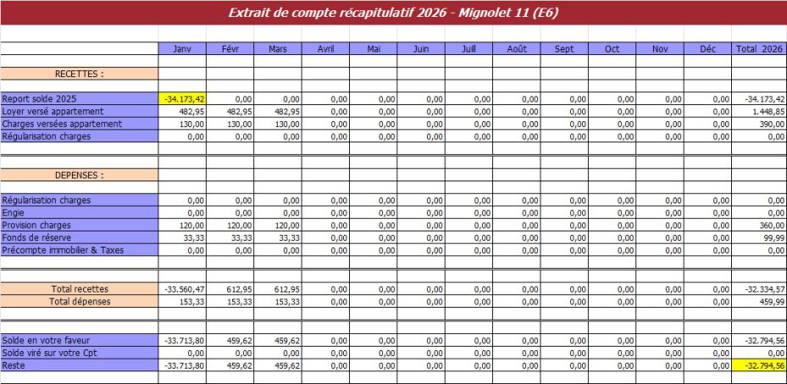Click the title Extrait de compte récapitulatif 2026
coord(393,13)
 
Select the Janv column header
coord(182,49)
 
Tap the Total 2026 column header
coord(759,49)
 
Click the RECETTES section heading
coord(79,74)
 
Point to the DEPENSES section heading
coord(79,175)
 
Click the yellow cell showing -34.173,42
coord(183,99)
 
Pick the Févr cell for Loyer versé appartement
coord(230,111)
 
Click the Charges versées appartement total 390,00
coord(759,124)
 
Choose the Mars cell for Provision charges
coord(278,225)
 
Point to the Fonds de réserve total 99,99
coord(759,238)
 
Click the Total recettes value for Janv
coord(182,289)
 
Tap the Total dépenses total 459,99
coord(759,301)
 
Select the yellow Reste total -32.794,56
coord(759,365)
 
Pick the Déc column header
coord(707,49)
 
